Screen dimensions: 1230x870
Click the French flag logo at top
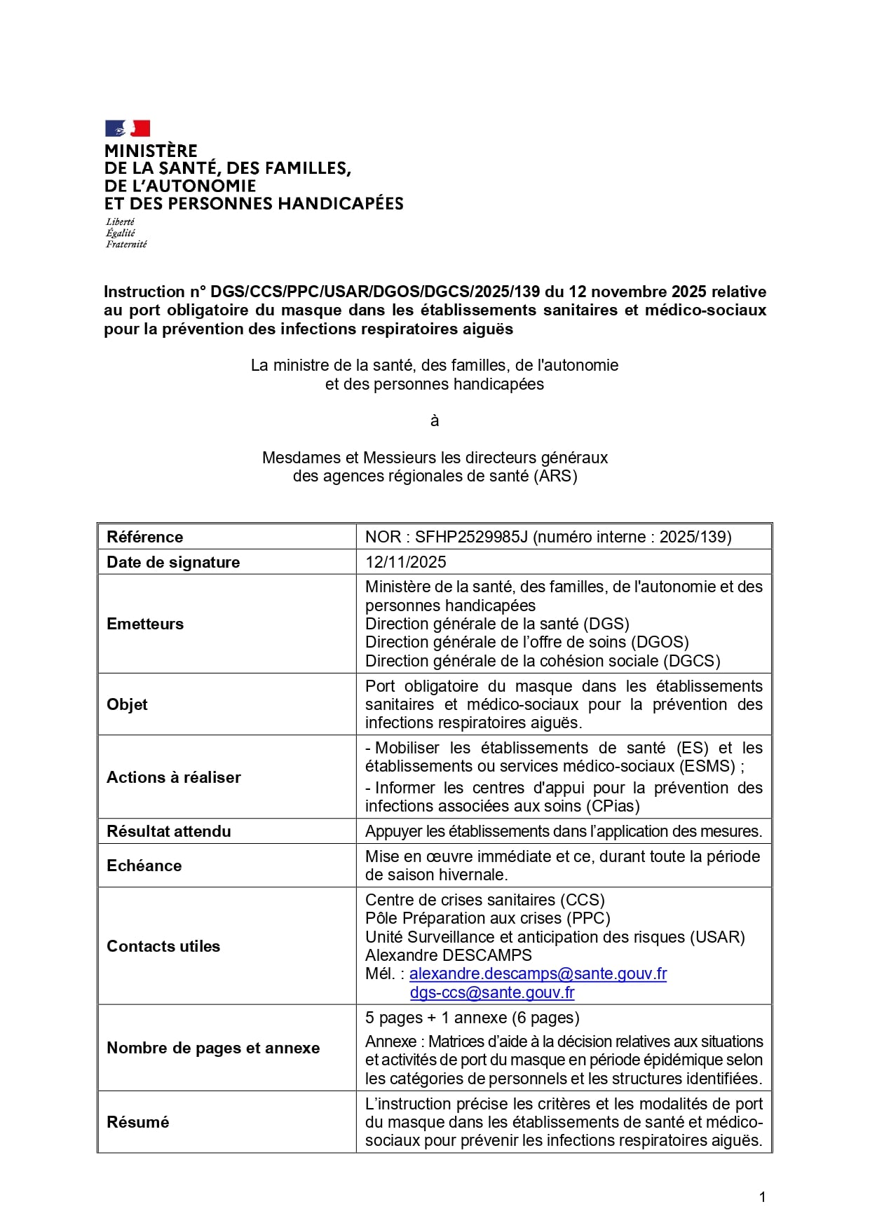tap(128, 128)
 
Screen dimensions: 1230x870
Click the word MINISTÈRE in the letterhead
tap(151, 151)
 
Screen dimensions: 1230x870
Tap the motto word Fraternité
tap(126, 245)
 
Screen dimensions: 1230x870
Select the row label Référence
tap(144, 537)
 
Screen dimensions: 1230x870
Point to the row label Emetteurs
tap(145, 624)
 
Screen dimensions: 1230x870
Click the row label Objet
tap(127, 704)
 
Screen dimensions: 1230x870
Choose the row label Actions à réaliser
tap(173, 777)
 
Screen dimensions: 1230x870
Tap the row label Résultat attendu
tap(168, 831)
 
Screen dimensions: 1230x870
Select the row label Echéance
tap(144, 866)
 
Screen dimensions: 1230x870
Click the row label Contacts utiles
tap(163, 946)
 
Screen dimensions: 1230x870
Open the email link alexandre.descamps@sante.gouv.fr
tap(538, 974)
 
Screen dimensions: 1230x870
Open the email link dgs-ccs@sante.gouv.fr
tap(492, 992)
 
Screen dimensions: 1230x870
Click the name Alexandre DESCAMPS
tap(448, 955)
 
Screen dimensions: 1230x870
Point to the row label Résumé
tap(137, 1122)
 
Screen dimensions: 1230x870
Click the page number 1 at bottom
tap(763, 1197)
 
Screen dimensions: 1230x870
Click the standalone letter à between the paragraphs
tap(435, 421)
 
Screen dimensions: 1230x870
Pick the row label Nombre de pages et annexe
tap(212, 1048)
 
